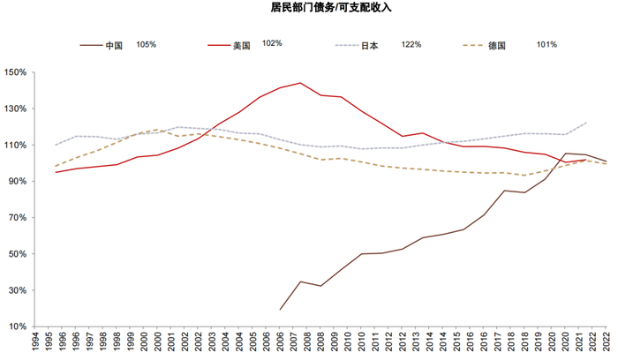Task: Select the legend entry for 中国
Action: pyautogui.click(x=113, y=45)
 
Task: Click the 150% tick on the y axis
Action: pyautogui.click(x=16, y=72)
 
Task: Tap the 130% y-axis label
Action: pyautogui.click(x=16, y=109)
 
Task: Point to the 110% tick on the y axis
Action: pyautogui.click(x=16, y=146)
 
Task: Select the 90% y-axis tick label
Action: pyautogui.click(x=18, y=182)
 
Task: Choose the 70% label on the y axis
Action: pyautogui.click(x=18, y=218)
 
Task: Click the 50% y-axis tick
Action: pyautogui.click(x=18, y=254)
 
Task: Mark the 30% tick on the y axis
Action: pyautogui.click(x=18, y=290)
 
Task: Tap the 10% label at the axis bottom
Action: pyautogui.click(x=18, y=326)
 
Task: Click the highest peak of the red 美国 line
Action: pyautogui.click(x=301, y=83)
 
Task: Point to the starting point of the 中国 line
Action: pyautogui.click(x=281, y=309)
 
